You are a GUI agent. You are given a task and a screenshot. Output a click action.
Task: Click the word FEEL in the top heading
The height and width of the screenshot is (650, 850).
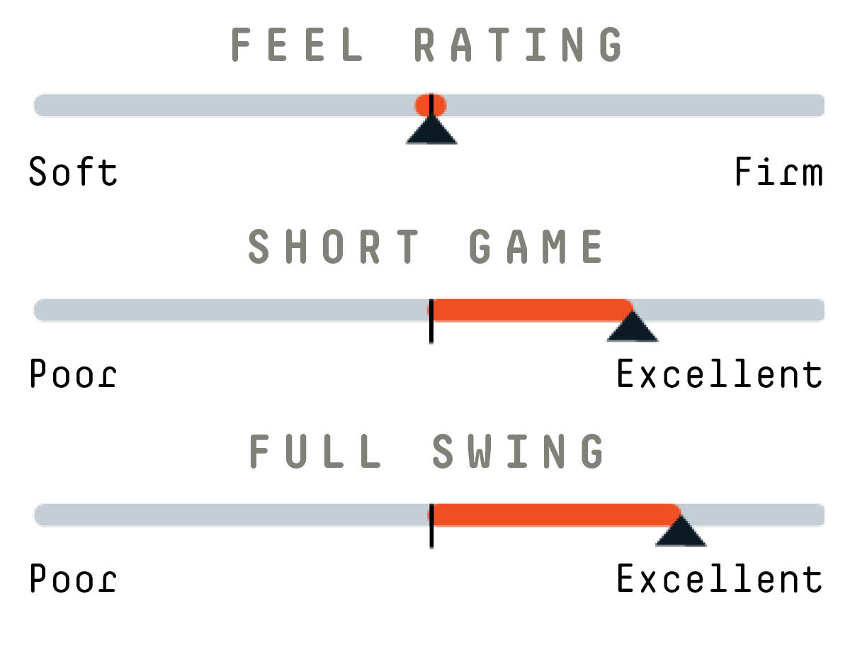[x=297, y=44]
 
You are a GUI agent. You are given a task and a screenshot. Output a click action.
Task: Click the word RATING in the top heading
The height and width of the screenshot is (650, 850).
[x=518, y=44]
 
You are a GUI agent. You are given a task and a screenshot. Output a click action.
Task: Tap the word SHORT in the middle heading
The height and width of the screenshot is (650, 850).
[x=333, y=246]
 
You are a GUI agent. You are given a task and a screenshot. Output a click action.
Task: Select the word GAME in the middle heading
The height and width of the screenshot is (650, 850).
[x=535, y=246]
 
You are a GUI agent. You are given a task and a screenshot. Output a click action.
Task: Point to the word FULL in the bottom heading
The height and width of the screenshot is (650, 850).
[x=315, y=451]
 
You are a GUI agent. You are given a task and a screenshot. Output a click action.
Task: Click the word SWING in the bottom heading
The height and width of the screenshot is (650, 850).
[x=518, y=451]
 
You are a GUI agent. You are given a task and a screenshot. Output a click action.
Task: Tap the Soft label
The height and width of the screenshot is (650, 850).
[x=73, y=172]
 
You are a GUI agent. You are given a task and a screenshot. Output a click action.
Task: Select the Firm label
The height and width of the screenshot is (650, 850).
[x=778, y=172]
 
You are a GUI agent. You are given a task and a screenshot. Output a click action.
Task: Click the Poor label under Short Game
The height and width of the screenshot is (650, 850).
[x=73, y=373]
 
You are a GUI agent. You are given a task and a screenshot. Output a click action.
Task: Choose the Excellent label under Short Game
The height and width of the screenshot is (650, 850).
[x=720, y=373]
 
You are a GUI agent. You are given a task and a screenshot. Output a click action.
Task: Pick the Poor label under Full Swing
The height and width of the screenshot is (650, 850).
[x=73, y=578]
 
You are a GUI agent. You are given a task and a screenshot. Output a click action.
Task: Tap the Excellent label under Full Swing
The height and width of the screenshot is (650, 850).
[x=720, y=578]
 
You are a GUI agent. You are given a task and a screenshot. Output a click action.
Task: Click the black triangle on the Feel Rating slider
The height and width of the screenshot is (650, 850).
[x=431, y=133]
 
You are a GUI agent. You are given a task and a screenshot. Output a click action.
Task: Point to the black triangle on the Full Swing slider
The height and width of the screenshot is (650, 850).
[x=681, y=533]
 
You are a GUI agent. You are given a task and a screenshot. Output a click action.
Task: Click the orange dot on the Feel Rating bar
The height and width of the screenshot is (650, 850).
[x=431, y=105]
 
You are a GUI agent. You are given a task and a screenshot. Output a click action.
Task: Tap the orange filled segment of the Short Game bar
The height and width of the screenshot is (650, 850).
[x=530, y=310]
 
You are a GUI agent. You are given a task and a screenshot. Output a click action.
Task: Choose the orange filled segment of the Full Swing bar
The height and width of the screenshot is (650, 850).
[x=554, y=515]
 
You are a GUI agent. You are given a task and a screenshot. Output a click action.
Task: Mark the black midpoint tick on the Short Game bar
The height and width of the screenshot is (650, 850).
[x=431, y=321]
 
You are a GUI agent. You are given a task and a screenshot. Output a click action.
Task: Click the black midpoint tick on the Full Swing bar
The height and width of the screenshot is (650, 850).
[x=431, y=526]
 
